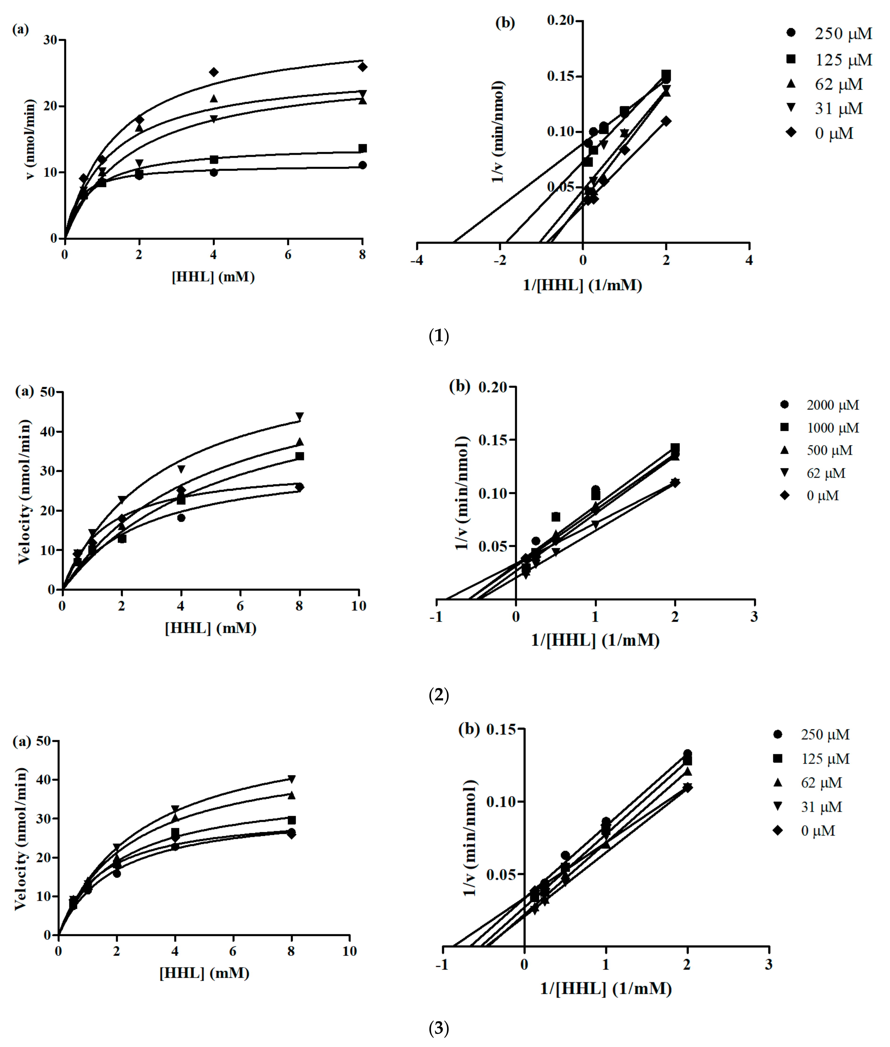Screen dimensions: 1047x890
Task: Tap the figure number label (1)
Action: (438, 336)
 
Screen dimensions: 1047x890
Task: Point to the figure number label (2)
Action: (438, 695)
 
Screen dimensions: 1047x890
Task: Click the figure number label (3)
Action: (438, 1028)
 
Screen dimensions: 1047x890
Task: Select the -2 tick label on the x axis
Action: (499, 261)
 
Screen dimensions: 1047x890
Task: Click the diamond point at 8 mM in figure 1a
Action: (362, 67)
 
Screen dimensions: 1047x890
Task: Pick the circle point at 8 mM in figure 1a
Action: (362, 165)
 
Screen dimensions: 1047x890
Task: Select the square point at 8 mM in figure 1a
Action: (362, 148)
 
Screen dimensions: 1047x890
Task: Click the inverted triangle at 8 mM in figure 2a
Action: (300, 416)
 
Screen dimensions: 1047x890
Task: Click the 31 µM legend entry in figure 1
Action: (837, 108)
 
